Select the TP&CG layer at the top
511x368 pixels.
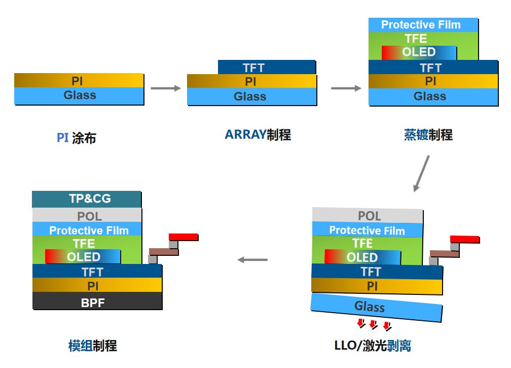pyautogui.click(x=87, y=199)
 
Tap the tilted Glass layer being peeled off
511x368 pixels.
pyautogui.click(x=377, y=307)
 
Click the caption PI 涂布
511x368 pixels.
pyautogui.click(x=76, y=138)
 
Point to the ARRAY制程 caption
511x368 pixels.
pyautogui.click(x=258, y=135)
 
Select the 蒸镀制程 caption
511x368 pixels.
pyautogui.click(x=428, y=135)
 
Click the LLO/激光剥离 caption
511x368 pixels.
pyautogui.click(x=373, y=346)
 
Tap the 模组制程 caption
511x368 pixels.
pyautogui.click(x=92, y=346)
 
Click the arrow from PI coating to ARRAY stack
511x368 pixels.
pyautogui.click(x=166, y=88)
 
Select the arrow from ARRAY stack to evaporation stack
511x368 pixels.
pyautogui.click(x=346, y=88)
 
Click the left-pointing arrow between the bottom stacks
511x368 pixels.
pyautogui.click(x=252, y=260)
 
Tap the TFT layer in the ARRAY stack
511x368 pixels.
pyautogui.click(x=267, y=68)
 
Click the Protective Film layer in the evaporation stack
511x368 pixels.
pyautogui.click(x=423, y=24)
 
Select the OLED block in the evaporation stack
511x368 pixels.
pyautogui.click(x=419, y=52)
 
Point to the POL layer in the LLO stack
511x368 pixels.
pyautogui.click(x=368, y=215)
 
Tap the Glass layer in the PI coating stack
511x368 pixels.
pyautogui.click(x=79, y=95)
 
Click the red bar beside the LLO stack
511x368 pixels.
pyautogui.click(x=464, y=239)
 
